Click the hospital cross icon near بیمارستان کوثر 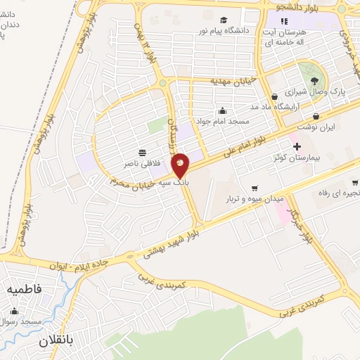coord(297,146)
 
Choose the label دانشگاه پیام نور coord(224,32)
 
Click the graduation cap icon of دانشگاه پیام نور coord(224,20)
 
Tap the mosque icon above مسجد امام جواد coord(223,110)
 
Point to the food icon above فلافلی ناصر coord(142,152)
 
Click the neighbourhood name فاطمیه coord(24,288)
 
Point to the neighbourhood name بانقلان coord(49,340)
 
